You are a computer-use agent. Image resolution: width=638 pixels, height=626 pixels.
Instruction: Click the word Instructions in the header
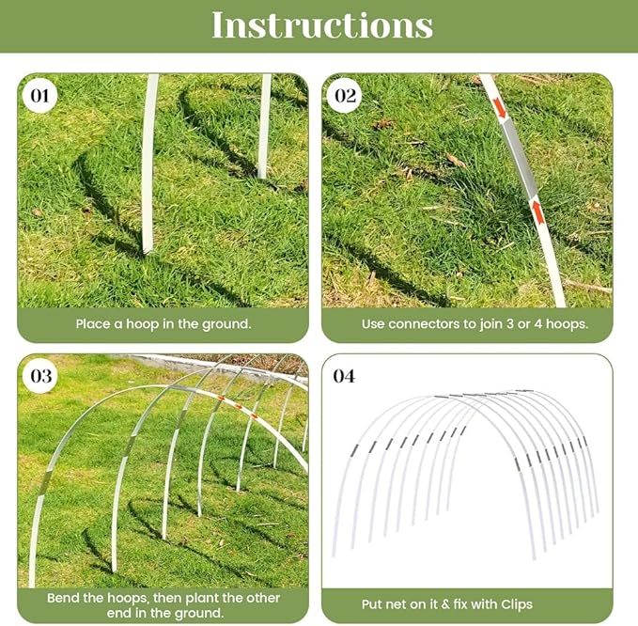pos(322,25)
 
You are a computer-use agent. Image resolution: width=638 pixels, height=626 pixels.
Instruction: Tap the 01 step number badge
pos(40,95)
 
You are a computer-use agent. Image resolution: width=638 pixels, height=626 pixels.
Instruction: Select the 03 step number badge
pos(40,376)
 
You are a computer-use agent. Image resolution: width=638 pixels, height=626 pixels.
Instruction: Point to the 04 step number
pos(345,377)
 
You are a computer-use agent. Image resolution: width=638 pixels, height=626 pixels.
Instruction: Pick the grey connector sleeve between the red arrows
pos(519,162)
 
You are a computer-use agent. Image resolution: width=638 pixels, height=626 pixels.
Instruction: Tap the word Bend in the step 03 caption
pos(64,597)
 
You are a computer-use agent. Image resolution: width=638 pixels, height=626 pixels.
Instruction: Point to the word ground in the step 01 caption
pos(226,323)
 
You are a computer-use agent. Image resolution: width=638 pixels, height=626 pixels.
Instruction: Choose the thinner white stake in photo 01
pos(264,127)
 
